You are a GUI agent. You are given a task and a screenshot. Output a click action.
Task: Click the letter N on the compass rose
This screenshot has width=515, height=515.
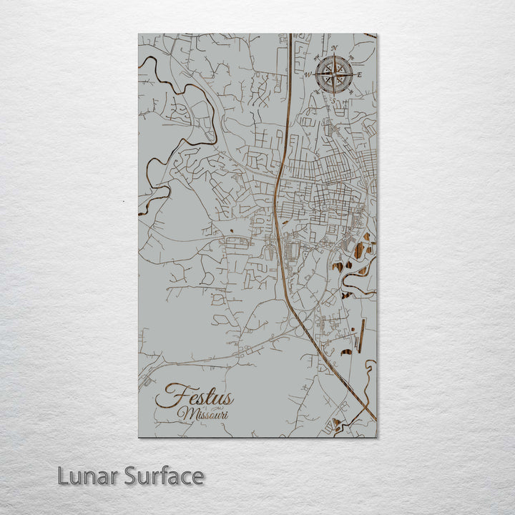click(335, 48)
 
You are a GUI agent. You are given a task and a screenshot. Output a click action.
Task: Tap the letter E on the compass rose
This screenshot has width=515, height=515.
click(360, 74)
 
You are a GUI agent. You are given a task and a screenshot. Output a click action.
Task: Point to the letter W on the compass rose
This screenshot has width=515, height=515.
click(307, 74)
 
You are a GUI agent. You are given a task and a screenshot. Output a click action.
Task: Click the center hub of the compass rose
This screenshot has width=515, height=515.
click(333, 74)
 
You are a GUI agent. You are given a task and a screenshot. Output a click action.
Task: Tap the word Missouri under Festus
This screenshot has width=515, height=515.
click(201, 414)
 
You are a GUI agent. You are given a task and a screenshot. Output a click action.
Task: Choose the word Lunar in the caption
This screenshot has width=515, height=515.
click(87, 476)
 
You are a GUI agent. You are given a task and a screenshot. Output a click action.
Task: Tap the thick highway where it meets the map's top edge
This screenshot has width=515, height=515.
click(290, 35)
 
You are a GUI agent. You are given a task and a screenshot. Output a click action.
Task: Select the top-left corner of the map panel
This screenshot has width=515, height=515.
click(139, 34)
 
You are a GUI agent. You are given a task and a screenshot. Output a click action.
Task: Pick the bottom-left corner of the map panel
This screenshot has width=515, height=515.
click(139, 436)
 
